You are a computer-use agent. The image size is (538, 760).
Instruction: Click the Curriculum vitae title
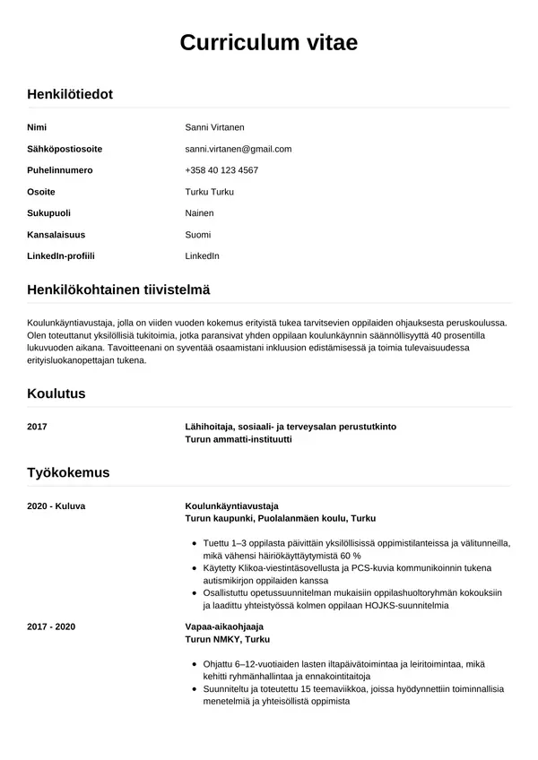(x=269, y=43)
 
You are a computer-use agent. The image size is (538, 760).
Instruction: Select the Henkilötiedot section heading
(x=70, y=93)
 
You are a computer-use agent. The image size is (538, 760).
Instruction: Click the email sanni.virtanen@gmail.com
(x=238, y=149)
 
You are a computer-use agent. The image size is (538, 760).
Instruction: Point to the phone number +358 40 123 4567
(x=221, y=170)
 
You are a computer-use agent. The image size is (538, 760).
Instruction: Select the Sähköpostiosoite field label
(x=65, y=149)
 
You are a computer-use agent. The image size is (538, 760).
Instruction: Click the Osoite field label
(x=41, y=192)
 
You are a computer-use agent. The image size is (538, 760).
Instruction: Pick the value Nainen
(x=199, y=213)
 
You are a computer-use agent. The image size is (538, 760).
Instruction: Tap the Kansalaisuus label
(x=56, y=235)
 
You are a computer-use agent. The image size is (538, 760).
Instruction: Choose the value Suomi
(x=197, y=235)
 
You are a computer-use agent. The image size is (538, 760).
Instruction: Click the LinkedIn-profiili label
(x=61, y=256)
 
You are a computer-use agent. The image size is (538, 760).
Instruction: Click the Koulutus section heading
(x=56, y=393)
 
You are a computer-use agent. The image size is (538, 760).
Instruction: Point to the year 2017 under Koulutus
(x=39, y=427)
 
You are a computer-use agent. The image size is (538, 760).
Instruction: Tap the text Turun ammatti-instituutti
(x=239, y=440)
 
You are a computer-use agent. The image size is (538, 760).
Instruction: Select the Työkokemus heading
(x=68, y=471)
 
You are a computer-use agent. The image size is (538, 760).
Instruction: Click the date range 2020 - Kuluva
(x=56, y=505)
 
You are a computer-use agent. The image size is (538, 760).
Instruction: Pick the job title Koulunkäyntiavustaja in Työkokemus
(x=232, y=505)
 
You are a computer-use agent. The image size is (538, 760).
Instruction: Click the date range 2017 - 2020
(x=52, y=626)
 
